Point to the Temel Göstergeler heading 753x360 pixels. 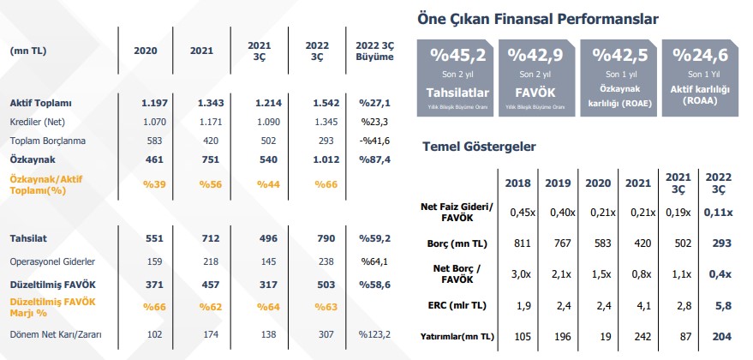pyautogui.click(x=480, y=147)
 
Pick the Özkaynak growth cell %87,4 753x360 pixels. pyautogui.click(x=375, y=159)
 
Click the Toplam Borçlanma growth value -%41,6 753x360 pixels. pyautogui.click(x=374, y=140)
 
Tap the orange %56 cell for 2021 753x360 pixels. pyautogui.click(x=211, y=183)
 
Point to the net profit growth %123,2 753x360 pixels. pyautogui.click(x=374, y=335)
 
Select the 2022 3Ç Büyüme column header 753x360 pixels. pyautogui.click(x=374, y=51)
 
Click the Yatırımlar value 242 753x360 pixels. pyautogui.click(x=636, y=337)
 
